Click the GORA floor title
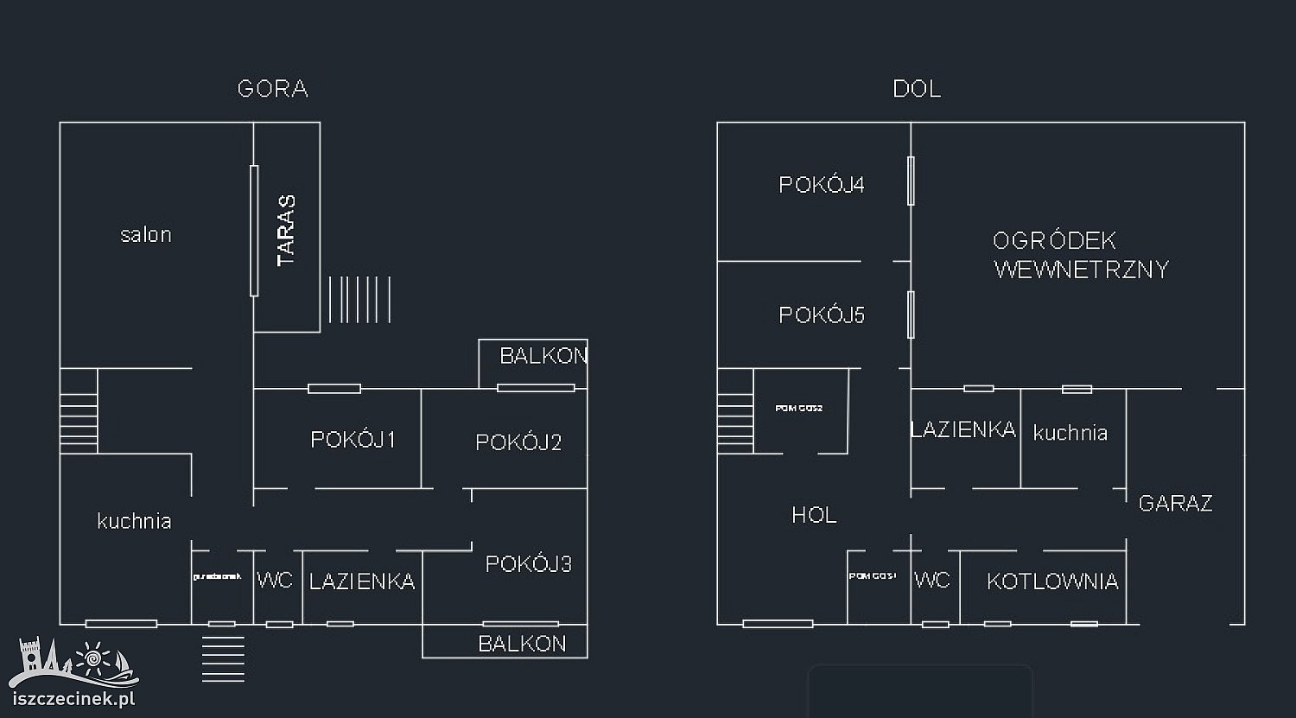coord(273,89)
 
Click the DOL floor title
coord(917,89)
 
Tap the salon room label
coord(146,234)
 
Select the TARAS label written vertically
coord(286,230)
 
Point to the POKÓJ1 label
coord(353,440)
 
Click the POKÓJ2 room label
coord(518,443)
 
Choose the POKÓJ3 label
coord(528,565)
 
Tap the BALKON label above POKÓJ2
coord(543,356)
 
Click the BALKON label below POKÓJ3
coord(522,644)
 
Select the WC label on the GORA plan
coord(275,581)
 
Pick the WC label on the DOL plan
coord(932,581)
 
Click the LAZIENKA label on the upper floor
coord(362,582)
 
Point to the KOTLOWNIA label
coord(1052,581)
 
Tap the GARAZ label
coord(1175,504)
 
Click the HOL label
coord(814,516)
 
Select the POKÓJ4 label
coord(821,185)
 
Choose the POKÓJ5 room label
coord(821,315)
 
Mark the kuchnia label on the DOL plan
coord(1070,433)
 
